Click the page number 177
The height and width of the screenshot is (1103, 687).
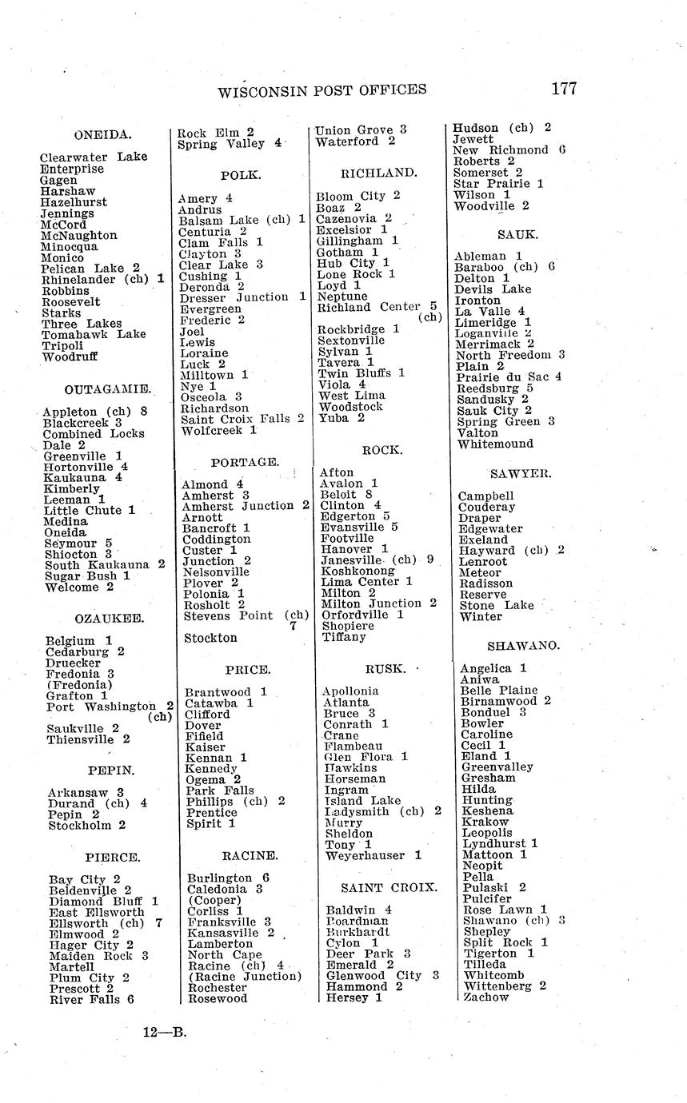point(563,89)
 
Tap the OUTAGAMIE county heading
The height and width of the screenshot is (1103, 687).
point(108,389)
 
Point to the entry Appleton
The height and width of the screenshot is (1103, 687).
point(72,412)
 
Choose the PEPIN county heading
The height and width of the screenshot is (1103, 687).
point(111,771)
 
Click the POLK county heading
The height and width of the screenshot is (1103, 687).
point(241,175)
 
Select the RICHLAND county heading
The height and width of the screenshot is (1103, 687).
point(378,173)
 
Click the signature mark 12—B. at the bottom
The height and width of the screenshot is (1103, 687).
point(165,1032)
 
